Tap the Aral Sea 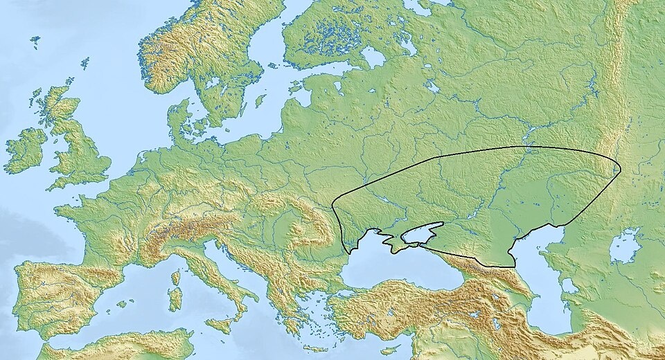(626, 246)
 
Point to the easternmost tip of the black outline (620, 170)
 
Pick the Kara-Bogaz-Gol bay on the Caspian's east (569, 285)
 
